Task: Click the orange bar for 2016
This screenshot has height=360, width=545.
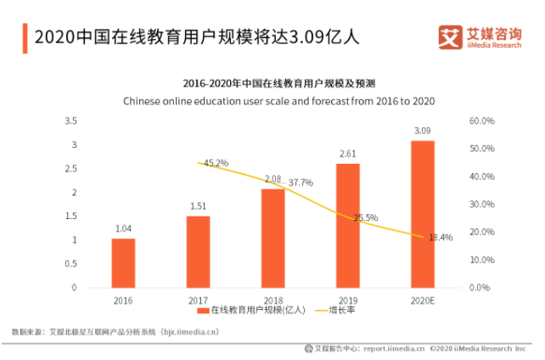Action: (x=123, y=262)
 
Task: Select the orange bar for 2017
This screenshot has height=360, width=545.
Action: (x=198, y=251)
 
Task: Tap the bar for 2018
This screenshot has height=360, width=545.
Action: (x=272, y=238)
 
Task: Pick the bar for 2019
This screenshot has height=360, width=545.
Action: (x=347, y=225)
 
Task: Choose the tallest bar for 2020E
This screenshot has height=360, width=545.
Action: (x=422, y=214)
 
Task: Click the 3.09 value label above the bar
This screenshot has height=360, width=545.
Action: (x=422, y=132)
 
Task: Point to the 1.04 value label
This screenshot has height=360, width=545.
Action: (x=123, y=229)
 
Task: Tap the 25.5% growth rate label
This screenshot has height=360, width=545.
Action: (x=365, y=218)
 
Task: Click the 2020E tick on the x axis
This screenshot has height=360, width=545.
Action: (x=422, y=298)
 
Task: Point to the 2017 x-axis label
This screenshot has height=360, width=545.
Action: (x=198, y=298)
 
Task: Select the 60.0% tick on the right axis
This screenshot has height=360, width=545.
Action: (x=480, y=121)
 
